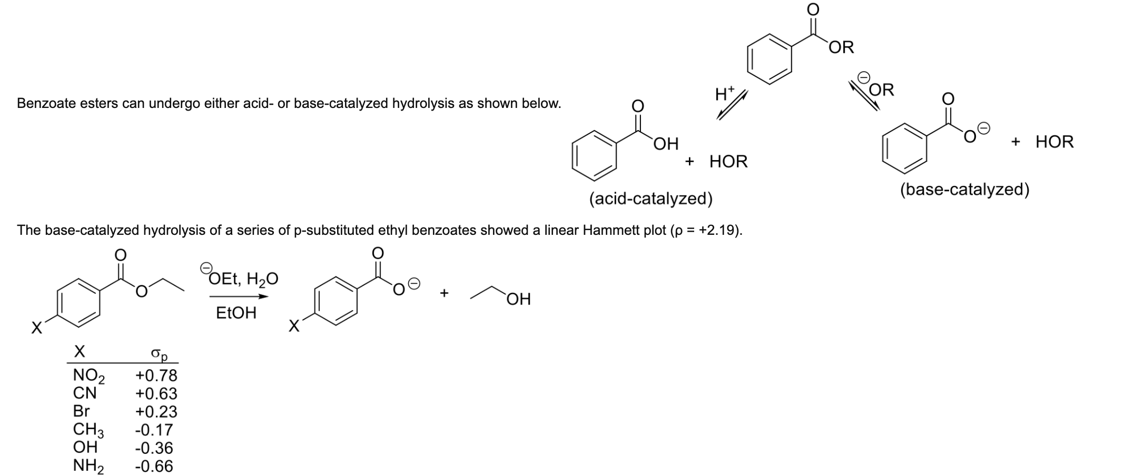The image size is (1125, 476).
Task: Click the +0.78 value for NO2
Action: pyautogui.click(x=156, y=375)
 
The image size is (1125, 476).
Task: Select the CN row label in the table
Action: pyautogui.click(x=84, y=393)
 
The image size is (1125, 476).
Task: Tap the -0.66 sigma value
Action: pyautogui.click(x=154, y=466)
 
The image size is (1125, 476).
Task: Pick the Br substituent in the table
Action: pyautogui.click(x=81, y=411)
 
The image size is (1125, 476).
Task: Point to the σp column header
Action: pyautogui.click(x=159, y=354)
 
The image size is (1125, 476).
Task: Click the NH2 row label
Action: pyautogui.click(x=88, y=466)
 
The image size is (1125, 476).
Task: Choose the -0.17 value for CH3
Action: pyautogui.click(x=154, y=430)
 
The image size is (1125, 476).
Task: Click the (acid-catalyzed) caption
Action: pyautogui.click(x=650, y=199)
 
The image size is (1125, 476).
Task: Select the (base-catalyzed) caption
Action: pyautogui.click(x=964, y=190)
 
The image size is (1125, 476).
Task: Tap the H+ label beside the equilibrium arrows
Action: pyautogui.click(x=724, y=95)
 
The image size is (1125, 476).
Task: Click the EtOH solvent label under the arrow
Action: pyautogui.click(x=236, y=313)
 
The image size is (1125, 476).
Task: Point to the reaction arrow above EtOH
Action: pyautogui.click(x=239, y=296)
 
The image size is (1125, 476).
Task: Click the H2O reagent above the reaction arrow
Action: pyautogui.click(x=262, y=279)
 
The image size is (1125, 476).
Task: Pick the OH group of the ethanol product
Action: pyautogui.click(x=519, y=300)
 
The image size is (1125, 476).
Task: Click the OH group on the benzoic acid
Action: pyautogui.click(x=666, y=144)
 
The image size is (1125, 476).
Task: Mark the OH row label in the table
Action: pyautogui.click(x=85, y=448)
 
